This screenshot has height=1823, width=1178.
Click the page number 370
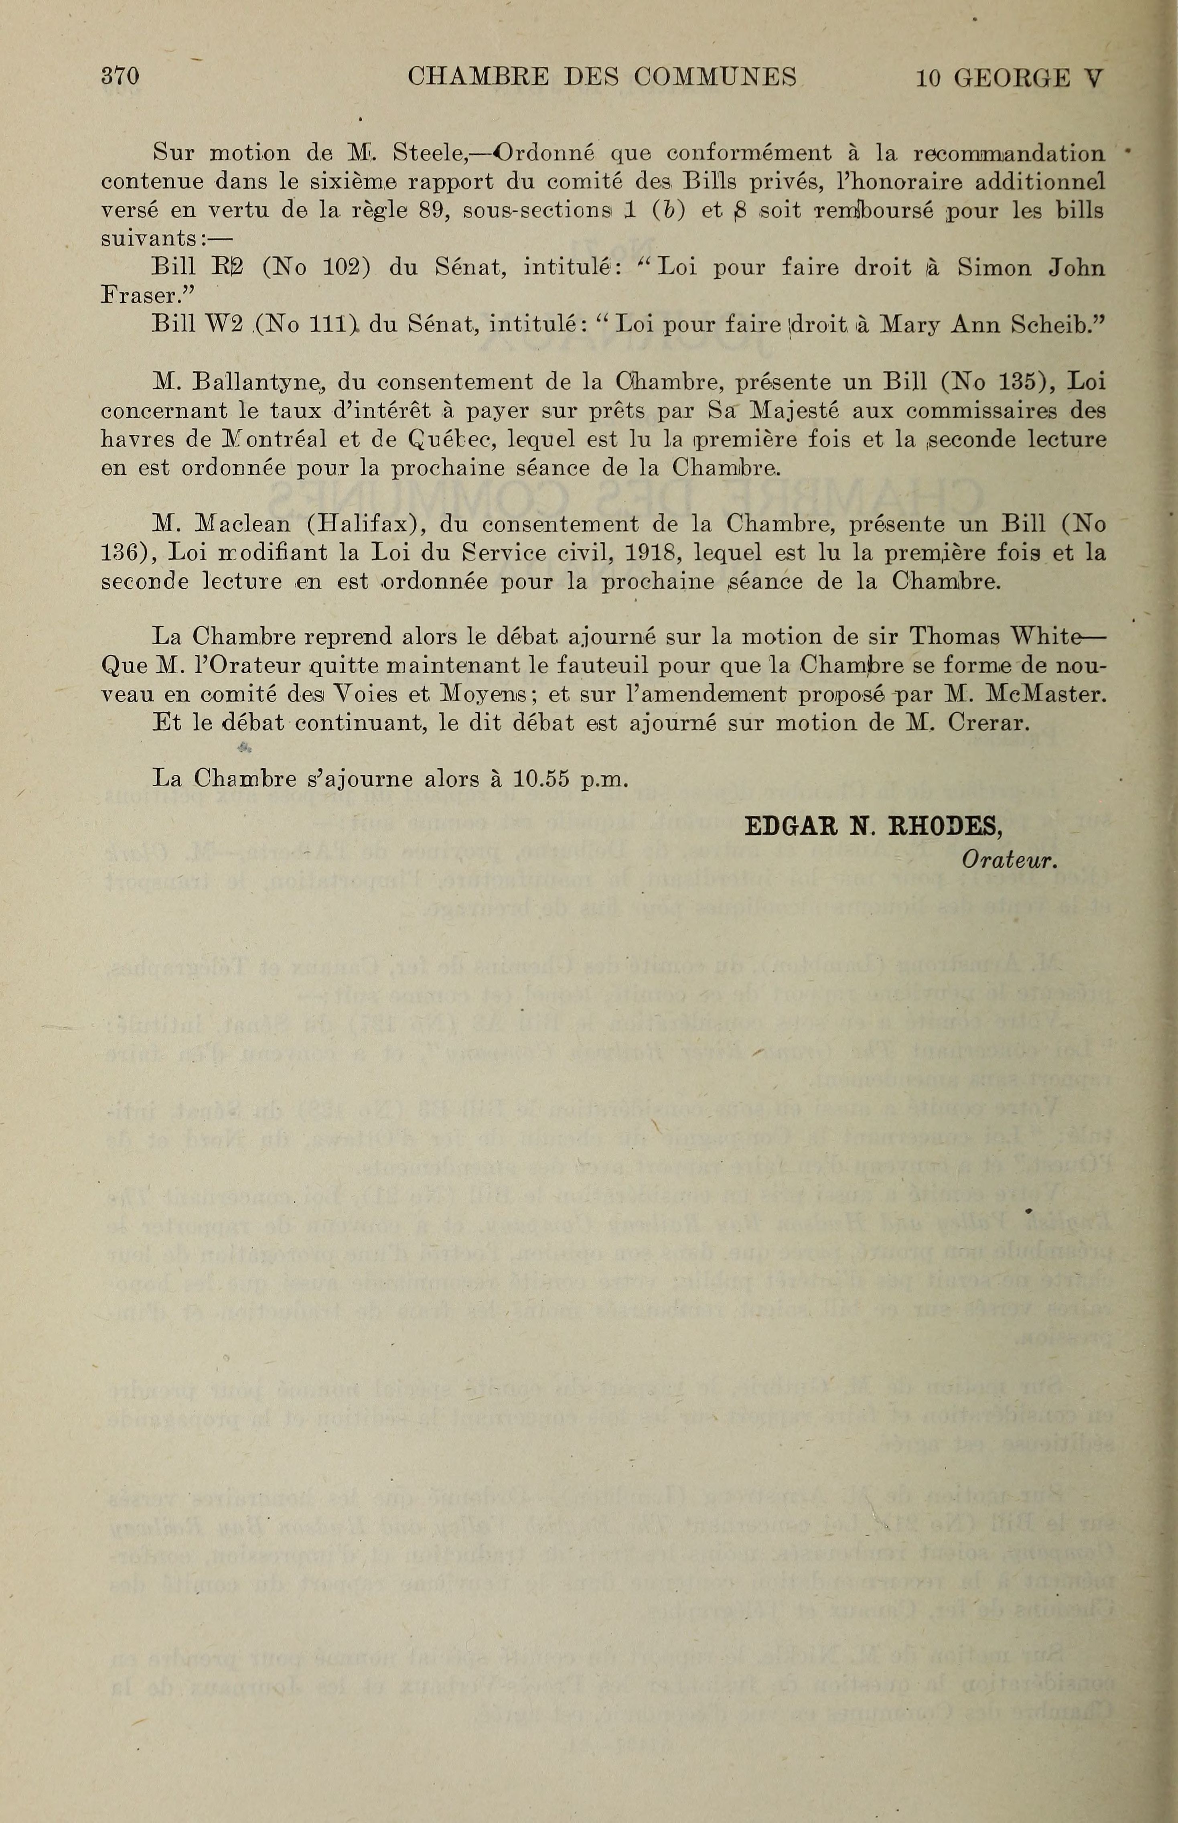pyautogui.click(x=120, y=77)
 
